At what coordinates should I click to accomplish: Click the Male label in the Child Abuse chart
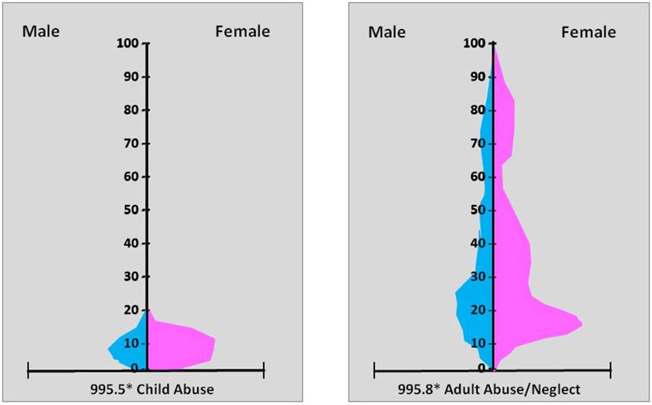[42, 31]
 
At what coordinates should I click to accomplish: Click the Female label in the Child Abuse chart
[242, 31]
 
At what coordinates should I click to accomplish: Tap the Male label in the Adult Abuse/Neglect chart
[387, 31]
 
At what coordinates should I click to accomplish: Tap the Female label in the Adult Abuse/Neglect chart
[588, 31]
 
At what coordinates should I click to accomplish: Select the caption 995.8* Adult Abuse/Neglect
[489, 389]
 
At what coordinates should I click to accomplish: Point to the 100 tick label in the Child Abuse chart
[128, 44]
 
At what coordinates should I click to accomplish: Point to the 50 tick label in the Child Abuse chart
[132, 210]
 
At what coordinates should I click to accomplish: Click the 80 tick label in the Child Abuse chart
[132, 110]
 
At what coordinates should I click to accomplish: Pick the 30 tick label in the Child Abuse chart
[132, 277]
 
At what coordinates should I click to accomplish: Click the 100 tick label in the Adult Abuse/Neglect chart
[475, 44]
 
